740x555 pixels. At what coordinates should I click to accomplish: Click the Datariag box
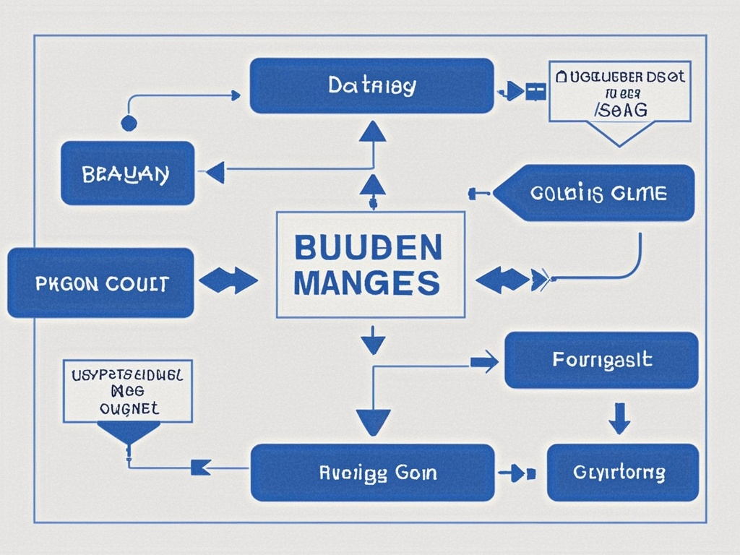tap(371, 86)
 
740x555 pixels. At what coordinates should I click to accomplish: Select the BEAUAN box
tap(127, 173)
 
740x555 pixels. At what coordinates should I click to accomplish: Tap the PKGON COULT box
tap(100, 283)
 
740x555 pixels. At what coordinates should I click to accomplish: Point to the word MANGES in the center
tap(367, 282)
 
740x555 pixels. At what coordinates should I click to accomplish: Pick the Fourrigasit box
tap(601, 360)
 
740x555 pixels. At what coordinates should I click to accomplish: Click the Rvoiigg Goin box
tap(372, 473)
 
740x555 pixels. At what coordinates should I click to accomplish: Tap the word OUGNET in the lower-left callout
tap(128, 408)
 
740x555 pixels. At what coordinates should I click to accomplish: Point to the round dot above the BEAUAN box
tap(129, 123)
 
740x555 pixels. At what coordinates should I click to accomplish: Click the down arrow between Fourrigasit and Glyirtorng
tap(619, 418)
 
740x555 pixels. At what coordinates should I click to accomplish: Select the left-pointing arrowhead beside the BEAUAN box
tap(215, 172)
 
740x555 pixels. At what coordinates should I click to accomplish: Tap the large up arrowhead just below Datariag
tap(373, 132)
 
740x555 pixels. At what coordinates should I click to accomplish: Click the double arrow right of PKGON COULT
tap(228, 280)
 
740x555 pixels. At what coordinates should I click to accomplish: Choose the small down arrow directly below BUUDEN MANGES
tap(372, 340)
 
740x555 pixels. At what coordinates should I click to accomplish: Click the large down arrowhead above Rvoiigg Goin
tap(373, 421)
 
